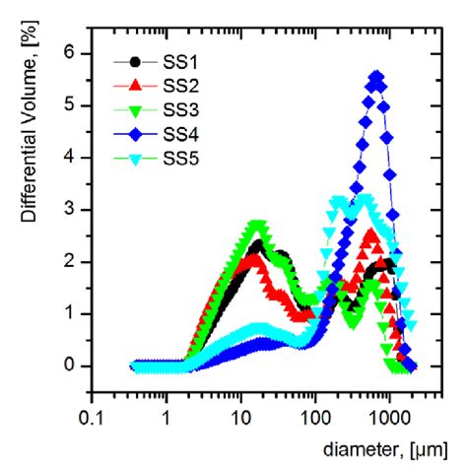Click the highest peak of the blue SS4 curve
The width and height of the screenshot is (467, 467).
[376, 76]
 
